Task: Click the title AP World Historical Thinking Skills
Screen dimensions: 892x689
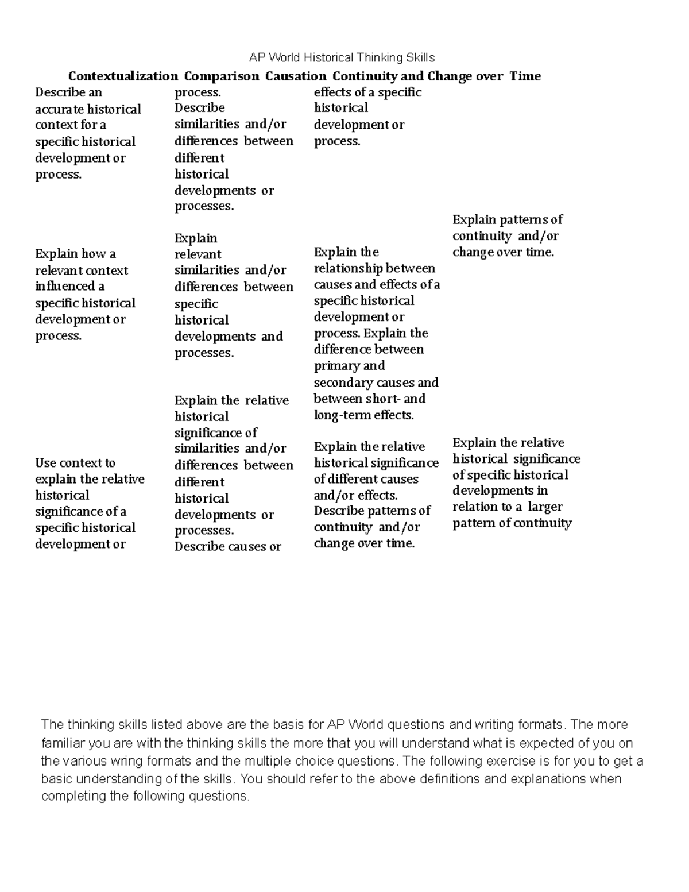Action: (342, 57)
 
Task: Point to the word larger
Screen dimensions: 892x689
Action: (545, 507)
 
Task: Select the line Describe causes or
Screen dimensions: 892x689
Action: (227, 546)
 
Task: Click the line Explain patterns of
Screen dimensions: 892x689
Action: (507, 219)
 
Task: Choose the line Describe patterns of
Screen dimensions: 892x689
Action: (371, 511)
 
